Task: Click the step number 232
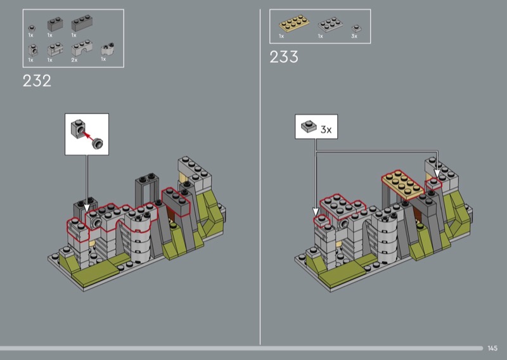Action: point(37,81)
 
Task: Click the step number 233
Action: point(283,57)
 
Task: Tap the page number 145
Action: point(492,349)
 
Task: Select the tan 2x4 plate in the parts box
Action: point(294,23)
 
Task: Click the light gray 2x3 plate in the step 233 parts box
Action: point(330,25)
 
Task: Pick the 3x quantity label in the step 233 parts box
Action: point(354,36)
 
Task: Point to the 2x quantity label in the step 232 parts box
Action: point(74,60)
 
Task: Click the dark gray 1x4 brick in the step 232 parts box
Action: point(82,23)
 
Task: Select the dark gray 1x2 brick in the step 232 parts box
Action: point(55,24)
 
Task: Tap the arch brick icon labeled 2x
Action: point(82,48)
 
